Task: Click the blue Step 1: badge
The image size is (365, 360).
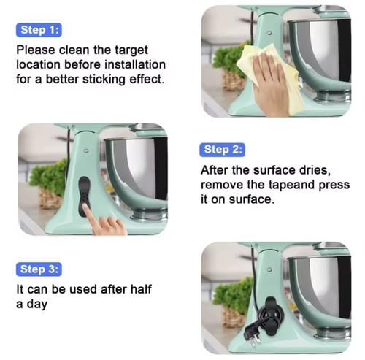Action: coord(39,30)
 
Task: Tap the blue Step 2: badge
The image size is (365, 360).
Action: coord(222,150)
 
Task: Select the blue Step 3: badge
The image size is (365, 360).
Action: coord(39,269)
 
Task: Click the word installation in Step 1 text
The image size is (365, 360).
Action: coord(135,65)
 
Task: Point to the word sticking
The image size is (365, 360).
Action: coord(104,80)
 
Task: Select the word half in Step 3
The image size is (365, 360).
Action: coord(141,289)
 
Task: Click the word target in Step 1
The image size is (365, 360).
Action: coord(131,50)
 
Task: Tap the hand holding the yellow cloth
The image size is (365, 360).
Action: coord(269,85)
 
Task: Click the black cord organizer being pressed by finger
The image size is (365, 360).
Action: coord(84,195)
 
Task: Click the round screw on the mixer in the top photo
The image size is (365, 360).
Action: coord(269,33)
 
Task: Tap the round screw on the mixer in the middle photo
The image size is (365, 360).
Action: coord(86,151)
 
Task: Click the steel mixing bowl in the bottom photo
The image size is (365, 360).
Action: coord(321,290)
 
